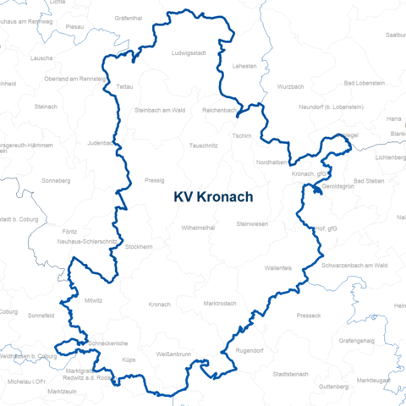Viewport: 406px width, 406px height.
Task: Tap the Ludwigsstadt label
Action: coord(188,52)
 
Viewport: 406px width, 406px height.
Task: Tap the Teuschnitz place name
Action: coord(205,145)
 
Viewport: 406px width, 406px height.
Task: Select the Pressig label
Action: coord(155,180)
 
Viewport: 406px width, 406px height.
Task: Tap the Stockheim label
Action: coord(139,246)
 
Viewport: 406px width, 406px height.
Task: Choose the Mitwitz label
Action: coord(93,299)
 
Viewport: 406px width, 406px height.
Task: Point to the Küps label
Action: coord(129,360)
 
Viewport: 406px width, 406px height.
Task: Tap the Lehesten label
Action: coord(244,65)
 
